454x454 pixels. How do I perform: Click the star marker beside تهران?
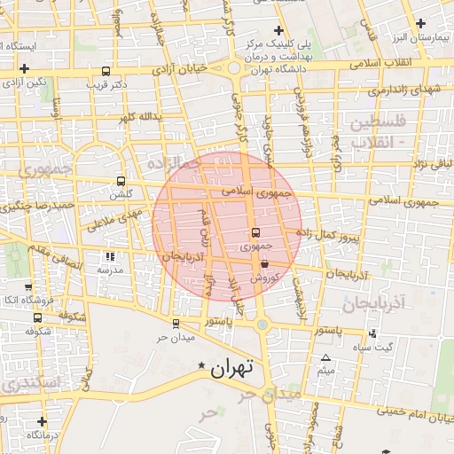[x=202, y=365]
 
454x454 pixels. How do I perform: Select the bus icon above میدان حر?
[x=175, y=324]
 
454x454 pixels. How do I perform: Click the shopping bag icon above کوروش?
[x=264, y=262]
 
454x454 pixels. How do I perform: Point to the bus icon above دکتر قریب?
[x=106, y=71]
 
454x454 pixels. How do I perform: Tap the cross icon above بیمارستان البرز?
[x=422, y=26]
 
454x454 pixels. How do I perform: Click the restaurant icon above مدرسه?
[x=110, y=256]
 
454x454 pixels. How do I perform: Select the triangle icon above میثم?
[x=325, y=357]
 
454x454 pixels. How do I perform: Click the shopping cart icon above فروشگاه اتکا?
[x=28, y=287]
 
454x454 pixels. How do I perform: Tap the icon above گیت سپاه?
[x=372, y=333]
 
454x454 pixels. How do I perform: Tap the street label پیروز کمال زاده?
[x=326, y=234]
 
